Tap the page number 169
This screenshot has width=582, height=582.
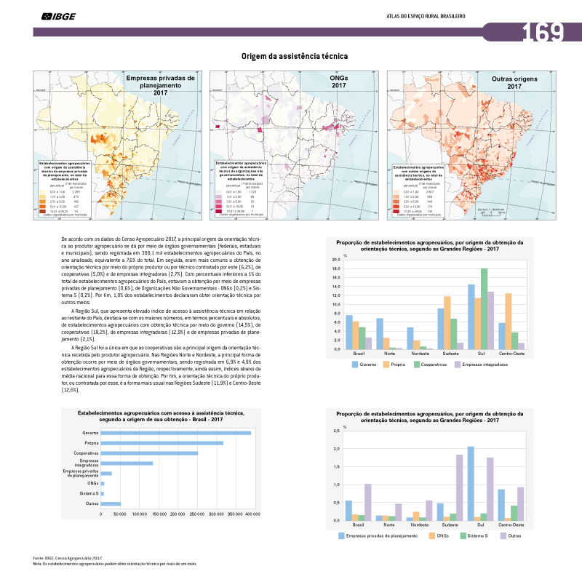543,32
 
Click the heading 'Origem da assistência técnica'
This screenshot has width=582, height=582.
295,56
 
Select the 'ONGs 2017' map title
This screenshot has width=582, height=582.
338,81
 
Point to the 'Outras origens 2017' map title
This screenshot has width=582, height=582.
515,81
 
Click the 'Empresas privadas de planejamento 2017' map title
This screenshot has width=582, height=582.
160,84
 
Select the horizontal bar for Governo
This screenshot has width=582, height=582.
175,433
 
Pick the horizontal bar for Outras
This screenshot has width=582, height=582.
111,503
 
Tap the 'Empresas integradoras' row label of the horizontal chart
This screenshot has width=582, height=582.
87,463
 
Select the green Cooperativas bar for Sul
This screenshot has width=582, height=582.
484,308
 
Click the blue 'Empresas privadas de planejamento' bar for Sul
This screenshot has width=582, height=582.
471,483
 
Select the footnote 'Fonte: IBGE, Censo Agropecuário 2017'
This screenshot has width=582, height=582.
67,558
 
